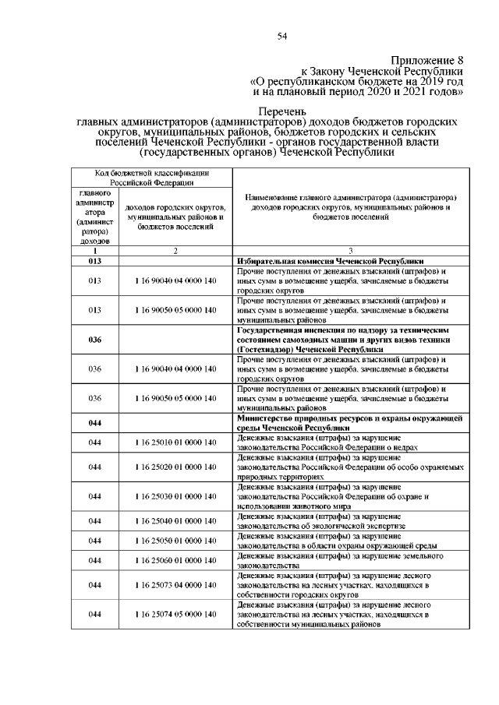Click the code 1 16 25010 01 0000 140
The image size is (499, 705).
pos(175,442)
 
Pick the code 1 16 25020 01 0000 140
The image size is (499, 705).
pos(175,467)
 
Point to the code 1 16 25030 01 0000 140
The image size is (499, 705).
pos(175,496)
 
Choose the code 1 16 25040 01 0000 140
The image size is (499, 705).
pos(175,520)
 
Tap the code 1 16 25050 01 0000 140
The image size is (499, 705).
pos(175,540)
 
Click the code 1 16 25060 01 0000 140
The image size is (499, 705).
pos(175,560)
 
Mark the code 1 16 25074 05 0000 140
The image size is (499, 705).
pos(175,615)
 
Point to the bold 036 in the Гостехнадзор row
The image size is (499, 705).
pos(95,340)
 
